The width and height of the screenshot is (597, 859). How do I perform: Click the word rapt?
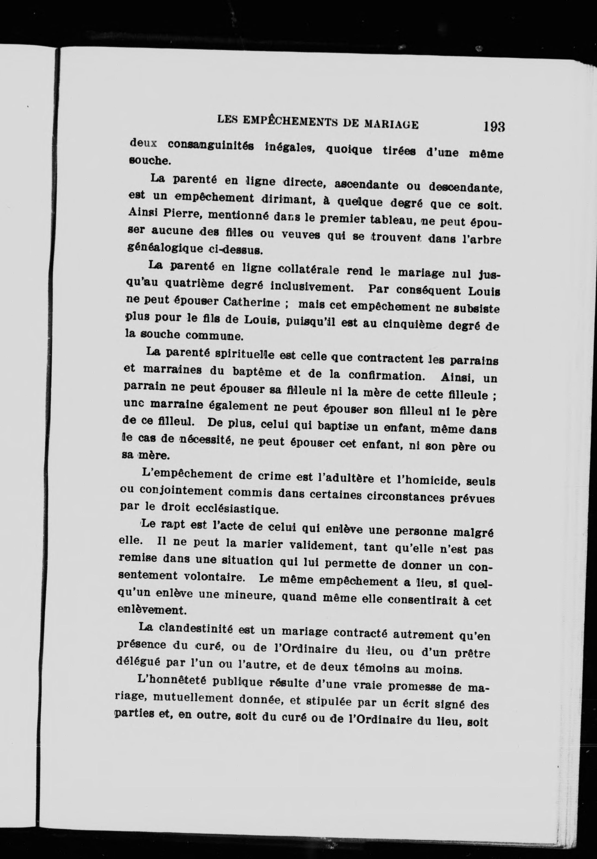(x=173, y=525)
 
